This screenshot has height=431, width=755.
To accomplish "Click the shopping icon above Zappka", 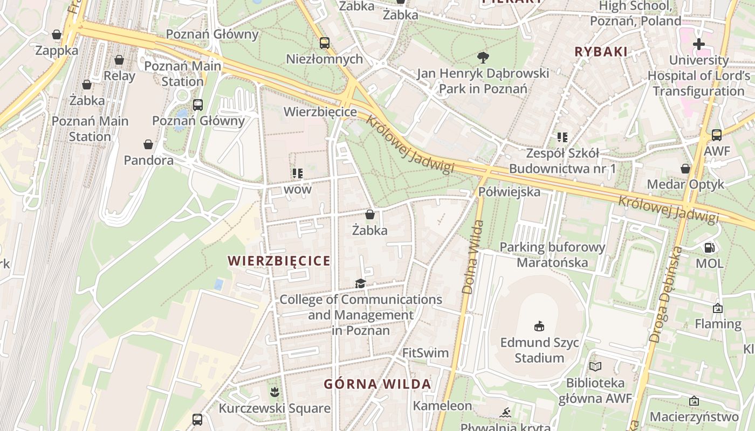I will click(57, 35).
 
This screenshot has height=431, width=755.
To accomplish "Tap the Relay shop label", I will click(119, 75).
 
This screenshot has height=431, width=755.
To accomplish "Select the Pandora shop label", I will click(148, 160).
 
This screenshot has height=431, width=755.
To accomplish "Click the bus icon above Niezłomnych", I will click(324, 43).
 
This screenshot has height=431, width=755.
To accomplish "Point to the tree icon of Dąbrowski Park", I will click(483, 57).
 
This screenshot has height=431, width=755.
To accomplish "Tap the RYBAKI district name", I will click(601, 52).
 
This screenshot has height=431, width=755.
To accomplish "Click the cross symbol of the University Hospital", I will click(699, 44).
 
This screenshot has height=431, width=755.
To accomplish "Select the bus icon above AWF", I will click(716, 135).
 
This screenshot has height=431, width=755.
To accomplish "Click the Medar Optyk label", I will click(685, 184).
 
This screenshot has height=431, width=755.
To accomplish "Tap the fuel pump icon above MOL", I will click(710, 248).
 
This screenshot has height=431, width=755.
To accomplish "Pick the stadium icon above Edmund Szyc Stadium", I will click(539, 326).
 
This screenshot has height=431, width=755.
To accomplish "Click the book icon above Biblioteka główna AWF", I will click(595, 367).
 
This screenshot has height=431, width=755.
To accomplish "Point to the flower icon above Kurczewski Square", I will click(274, 392).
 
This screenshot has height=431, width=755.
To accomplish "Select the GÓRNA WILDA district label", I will click(377, 384).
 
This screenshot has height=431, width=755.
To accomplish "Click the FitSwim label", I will click(425, 353).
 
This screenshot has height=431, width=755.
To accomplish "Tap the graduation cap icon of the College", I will click(360, 283).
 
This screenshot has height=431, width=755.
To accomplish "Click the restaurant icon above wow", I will click(297, 173).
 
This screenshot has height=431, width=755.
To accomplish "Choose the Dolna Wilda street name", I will click(470, 257).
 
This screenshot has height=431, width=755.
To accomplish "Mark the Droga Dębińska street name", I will click(664, 295).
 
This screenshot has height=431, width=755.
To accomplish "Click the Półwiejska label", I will click(509, 192).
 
